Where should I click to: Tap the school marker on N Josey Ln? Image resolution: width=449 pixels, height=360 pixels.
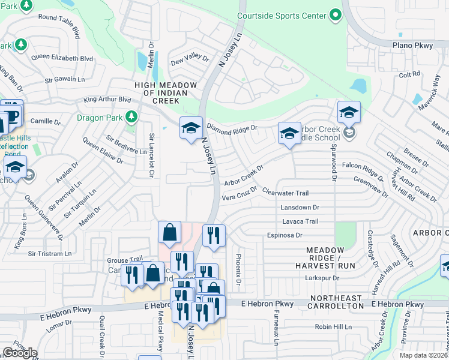point(191,128)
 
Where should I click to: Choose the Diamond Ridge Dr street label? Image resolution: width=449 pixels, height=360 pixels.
point(232,127)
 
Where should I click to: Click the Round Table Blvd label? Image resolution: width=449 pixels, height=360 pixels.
point(59,28)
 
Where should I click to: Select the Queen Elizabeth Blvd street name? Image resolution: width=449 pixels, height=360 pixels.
point(62,58)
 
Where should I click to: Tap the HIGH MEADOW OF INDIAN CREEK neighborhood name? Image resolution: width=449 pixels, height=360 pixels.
point(166,94)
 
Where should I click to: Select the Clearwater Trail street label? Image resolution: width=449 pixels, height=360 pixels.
point(285,193)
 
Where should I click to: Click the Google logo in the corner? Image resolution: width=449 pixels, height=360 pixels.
point(20,352)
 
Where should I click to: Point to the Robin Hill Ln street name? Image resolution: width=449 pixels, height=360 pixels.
point(333,327)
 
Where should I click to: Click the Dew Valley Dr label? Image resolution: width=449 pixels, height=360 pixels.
point(190,60)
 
